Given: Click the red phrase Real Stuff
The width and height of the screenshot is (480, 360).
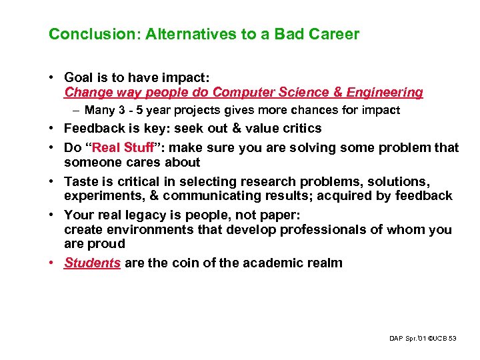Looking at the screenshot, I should tap(116, 147).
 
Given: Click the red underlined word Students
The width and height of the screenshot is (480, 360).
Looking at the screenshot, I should tap(92, 263).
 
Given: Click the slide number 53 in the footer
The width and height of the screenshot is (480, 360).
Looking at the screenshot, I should tap(453, 339).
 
